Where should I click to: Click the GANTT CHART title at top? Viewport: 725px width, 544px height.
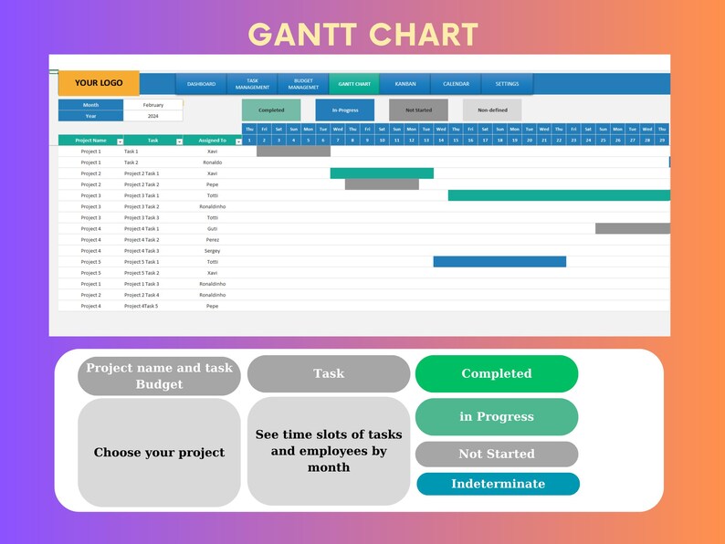(x=362, y=34)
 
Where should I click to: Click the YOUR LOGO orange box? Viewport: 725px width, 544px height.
(x=99, y=83)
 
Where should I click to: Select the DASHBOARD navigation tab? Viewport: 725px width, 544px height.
(x=201, y=84)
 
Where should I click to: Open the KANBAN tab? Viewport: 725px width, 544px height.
(x=405, y=84)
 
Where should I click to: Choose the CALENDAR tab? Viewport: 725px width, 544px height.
(x=456, y=84)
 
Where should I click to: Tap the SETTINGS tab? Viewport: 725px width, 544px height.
(x=507, y=84)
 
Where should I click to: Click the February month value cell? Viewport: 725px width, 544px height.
(x=152, y=105)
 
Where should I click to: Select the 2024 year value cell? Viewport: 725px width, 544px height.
(x=152, y=116)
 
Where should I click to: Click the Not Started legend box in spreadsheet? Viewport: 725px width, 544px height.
(x=418, y=110)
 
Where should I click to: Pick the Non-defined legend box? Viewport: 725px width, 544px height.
(x=492, y=110)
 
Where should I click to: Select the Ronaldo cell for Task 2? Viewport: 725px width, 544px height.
(x=212, y=162)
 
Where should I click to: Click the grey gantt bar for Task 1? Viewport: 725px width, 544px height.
(x=293, y=152)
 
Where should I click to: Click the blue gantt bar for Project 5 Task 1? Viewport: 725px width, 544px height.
(x=499, y=262)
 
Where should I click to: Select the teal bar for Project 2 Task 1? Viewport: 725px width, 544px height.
(x=382, y=173)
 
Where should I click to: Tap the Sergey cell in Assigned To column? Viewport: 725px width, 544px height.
(x=212, y=251)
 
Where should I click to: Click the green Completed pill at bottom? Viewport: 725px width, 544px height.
(x=496, y=373)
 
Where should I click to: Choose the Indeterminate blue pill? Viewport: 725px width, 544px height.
(x=498, y=484)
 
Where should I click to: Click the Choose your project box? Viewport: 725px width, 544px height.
(x=159, y=453)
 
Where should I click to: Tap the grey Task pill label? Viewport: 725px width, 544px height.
(x=329, y=373)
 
